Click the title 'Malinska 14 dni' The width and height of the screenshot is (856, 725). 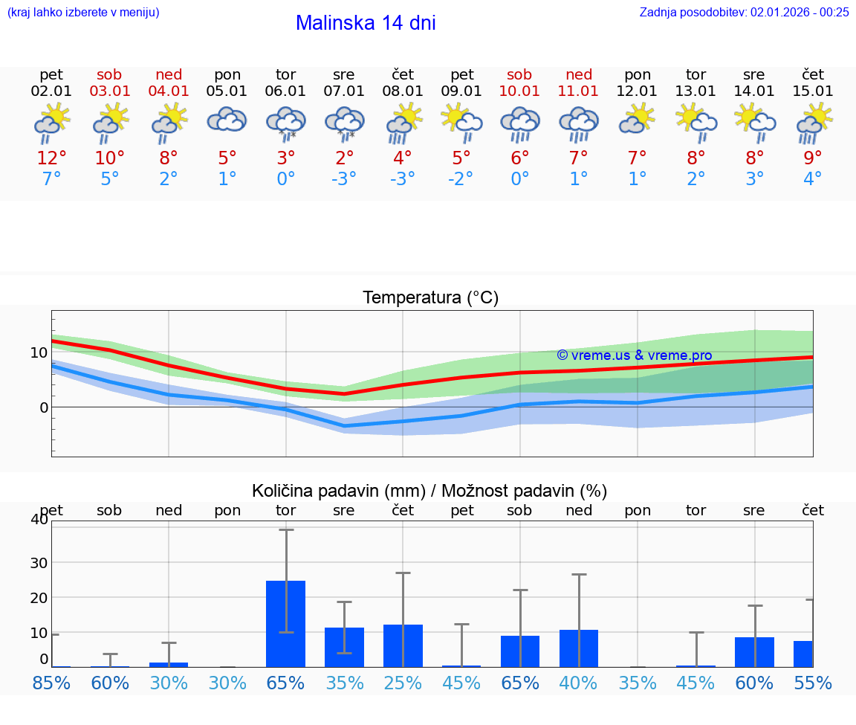tap(366, 23)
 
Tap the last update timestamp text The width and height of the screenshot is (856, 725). tap(744, 12)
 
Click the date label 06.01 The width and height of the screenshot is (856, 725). tap(286, 91)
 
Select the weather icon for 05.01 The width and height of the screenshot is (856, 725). tap(227, 120)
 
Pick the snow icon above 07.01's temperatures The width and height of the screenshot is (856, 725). tap(344, 123)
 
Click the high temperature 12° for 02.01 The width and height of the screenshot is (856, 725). tap(51, 158)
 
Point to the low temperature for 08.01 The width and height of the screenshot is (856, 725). tap(403, 179)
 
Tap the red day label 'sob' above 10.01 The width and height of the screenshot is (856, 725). tap(519, 74)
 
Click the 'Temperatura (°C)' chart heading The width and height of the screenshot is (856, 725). tap(430, 298)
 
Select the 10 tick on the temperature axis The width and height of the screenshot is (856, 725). tap(39, 352)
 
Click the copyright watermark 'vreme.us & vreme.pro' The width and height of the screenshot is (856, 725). tap(634, 355)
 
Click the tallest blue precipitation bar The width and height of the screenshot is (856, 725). tap(286, 623)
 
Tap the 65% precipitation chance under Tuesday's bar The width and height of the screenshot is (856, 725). tap(286, 683)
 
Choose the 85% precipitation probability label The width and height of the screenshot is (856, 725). tap(51, 683)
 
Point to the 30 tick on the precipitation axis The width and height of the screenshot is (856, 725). tap(39, 562)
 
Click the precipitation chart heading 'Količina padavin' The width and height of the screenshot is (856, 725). tap(429, 491)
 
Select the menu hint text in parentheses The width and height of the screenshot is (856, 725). tap(83, 12)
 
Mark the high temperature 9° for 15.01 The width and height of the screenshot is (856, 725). tap(813, 158)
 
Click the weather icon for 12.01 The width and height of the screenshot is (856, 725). tap(638, 120)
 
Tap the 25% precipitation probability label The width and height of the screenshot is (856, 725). tap(403, 683)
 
